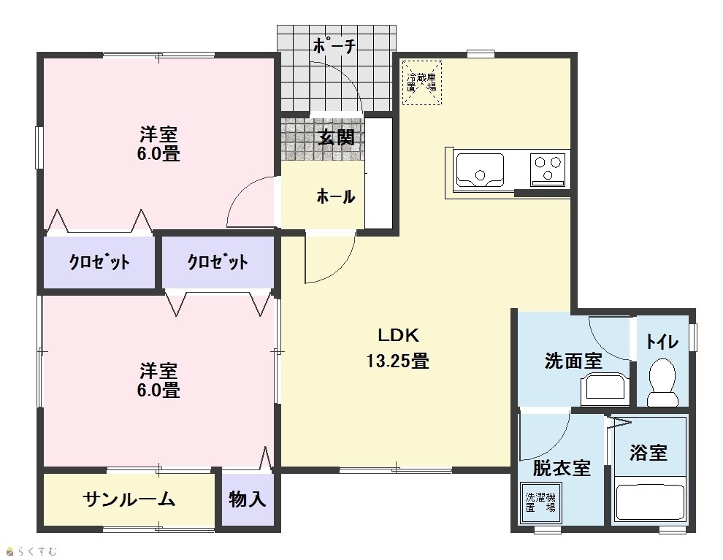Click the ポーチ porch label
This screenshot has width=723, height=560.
pyautogui.click(x=334, y=45)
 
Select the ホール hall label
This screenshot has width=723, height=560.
pyautogui.click(x=336, y=197)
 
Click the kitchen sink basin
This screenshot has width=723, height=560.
pyautogui.click(x=480, y=169)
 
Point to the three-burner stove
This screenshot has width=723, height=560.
pyautogui.click(x=548, y=169)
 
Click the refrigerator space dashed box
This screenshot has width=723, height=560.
pyautogui.click(x=422, y=83)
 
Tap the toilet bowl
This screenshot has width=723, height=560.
pyautogui.click(x=662, y=382)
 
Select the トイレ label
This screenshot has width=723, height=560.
pyautogui.click(x=662, y=342)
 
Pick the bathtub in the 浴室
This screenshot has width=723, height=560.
pyautogui.click(x=650, y=502)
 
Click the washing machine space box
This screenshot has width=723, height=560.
pyautogui.click(x=541, y=502)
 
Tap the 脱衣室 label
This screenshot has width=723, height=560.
pyautogui.click(x=562, y=468)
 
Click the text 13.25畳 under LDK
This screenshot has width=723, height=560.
pyautogui.click(x=397, y=361)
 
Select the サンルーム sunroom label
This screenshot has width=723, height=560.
pyautogui.click(x=129, y=499)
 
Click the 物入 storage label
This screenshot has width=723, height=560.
pyautogui.click(x=248, y=499)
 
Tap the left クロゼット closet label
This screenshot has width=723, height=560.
pyautogui.click(x=99, y=262)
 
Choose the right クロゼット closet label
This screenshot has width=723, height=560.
pyautogui.click(x=217, y=262)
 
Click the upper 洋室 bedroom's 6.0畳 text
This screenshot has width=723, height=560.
pyautogui.click(x=158, y=153)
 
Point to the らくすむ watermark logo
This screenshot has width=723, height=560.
pyautogui.click(x=31, y=551)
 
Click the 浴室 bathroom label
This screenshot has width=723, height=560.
pyautogui.click(x=649, y=453)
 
